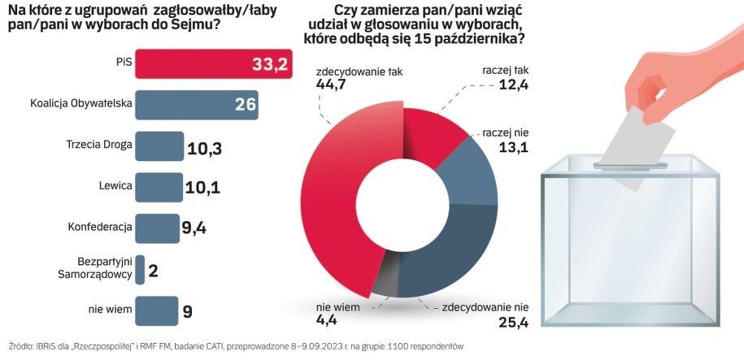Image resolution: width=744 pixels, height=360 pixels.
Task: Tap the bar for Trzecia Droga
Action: coord(148,146)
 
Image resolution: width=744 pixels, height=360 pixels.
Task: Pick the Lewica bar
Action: coord(148,187)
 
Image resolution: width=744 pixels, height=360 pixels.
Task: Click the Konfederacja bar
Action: coord(146,228)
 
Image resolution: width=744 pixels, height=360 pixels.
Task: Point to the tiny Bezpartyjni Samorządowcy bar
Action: coord(140,270)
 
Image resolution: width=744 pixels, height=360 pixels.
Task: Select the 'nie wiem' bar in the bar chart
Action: coord(155,310)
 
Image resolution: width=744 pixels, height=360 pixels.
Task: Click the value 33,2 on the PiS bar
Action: coord(270,65)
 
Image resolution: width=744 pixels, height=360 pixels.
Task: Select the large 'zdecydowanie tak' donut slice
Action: coord(334,203)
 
